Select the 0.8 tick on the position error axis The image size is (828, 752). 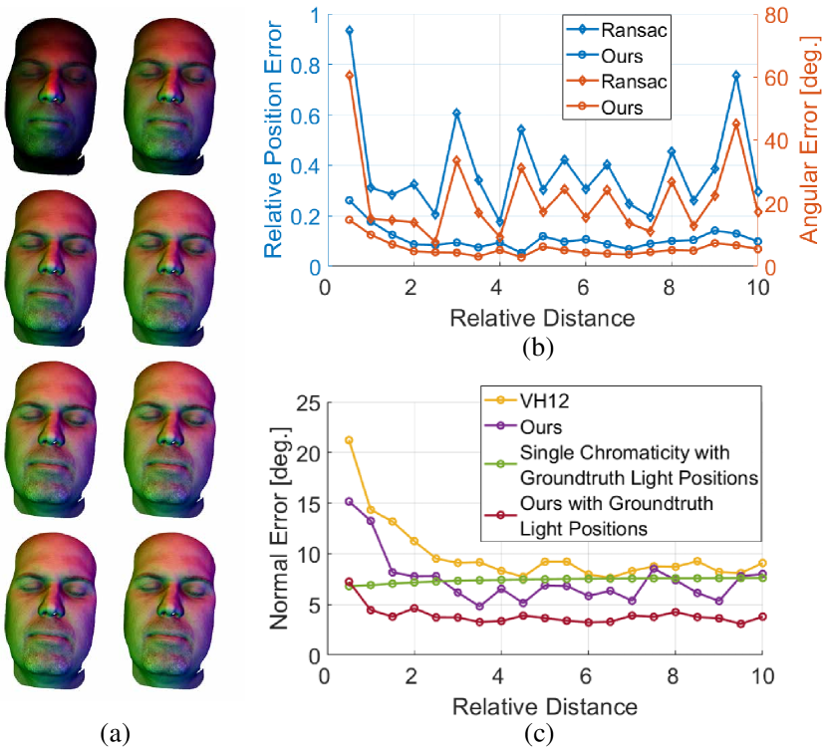pyautogui.click(x=307, y=67)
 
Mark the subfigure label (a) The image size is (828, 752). pyautogui.click(x=116, y=734)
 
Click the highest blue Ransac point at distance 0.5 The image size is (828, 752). pyautogui.click(x=349, y=30)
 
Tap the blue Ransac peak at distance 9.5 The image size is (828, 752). pyautogui.click(x=736, y=75)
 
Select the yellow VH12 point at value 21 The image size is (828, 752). pyautogui.click(x=349, y=440)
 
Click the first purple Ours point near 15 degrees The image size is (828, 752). pyautogui.click(x=349, y=501)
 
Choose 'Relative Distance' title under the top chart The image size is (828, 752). pyautogui.click(x=542, y=319)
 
